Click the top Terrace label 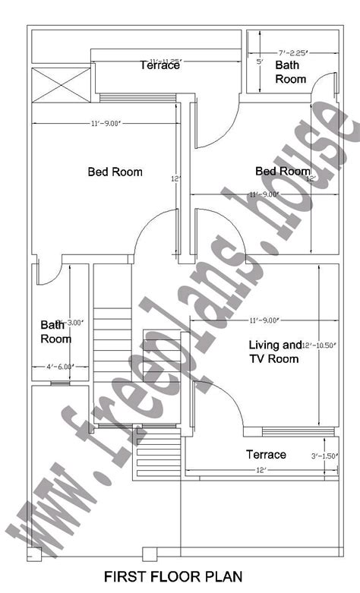159,65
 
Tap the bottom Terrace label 266,454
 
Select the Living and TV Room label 275,351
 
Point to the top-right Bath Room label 290,72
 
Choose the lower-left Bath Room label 55,332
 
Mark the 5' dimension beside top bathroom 260,62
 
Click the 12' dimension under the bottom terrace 261,471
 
